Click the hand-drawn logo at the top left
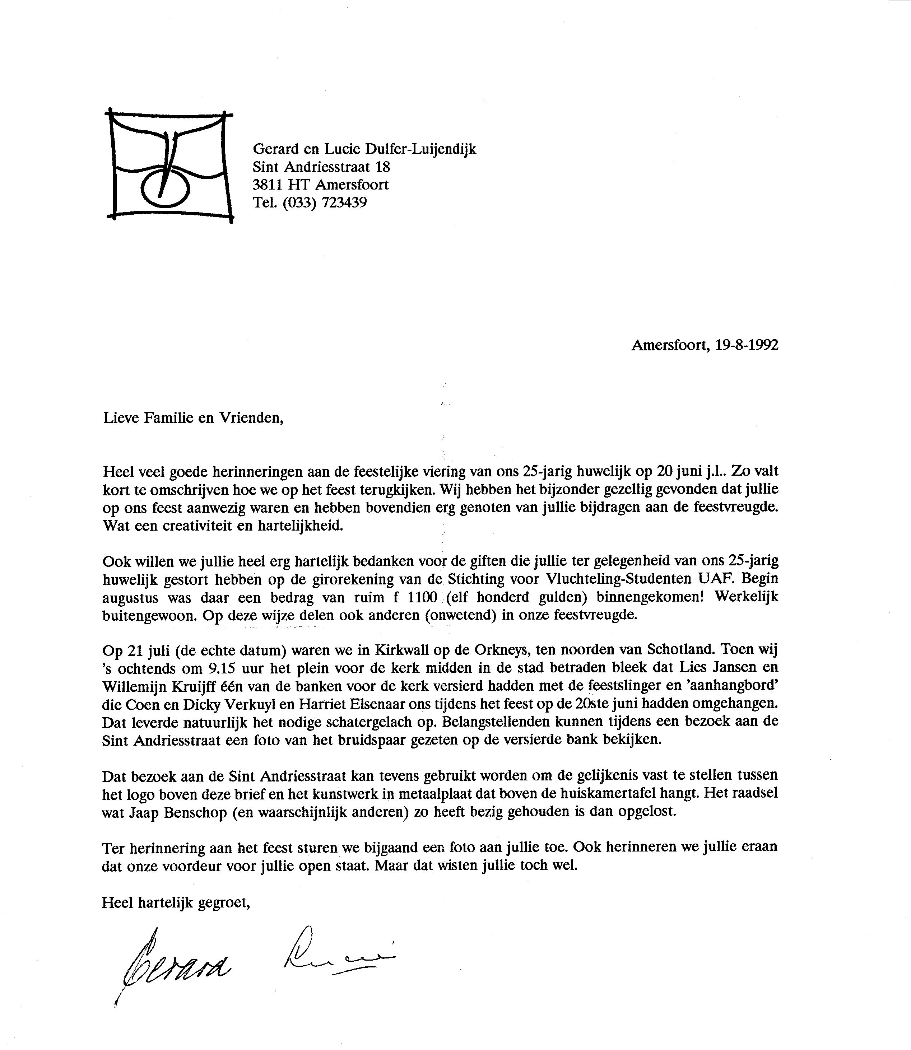tap(169, 167)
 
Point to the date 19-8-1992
tap(746, 346)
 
